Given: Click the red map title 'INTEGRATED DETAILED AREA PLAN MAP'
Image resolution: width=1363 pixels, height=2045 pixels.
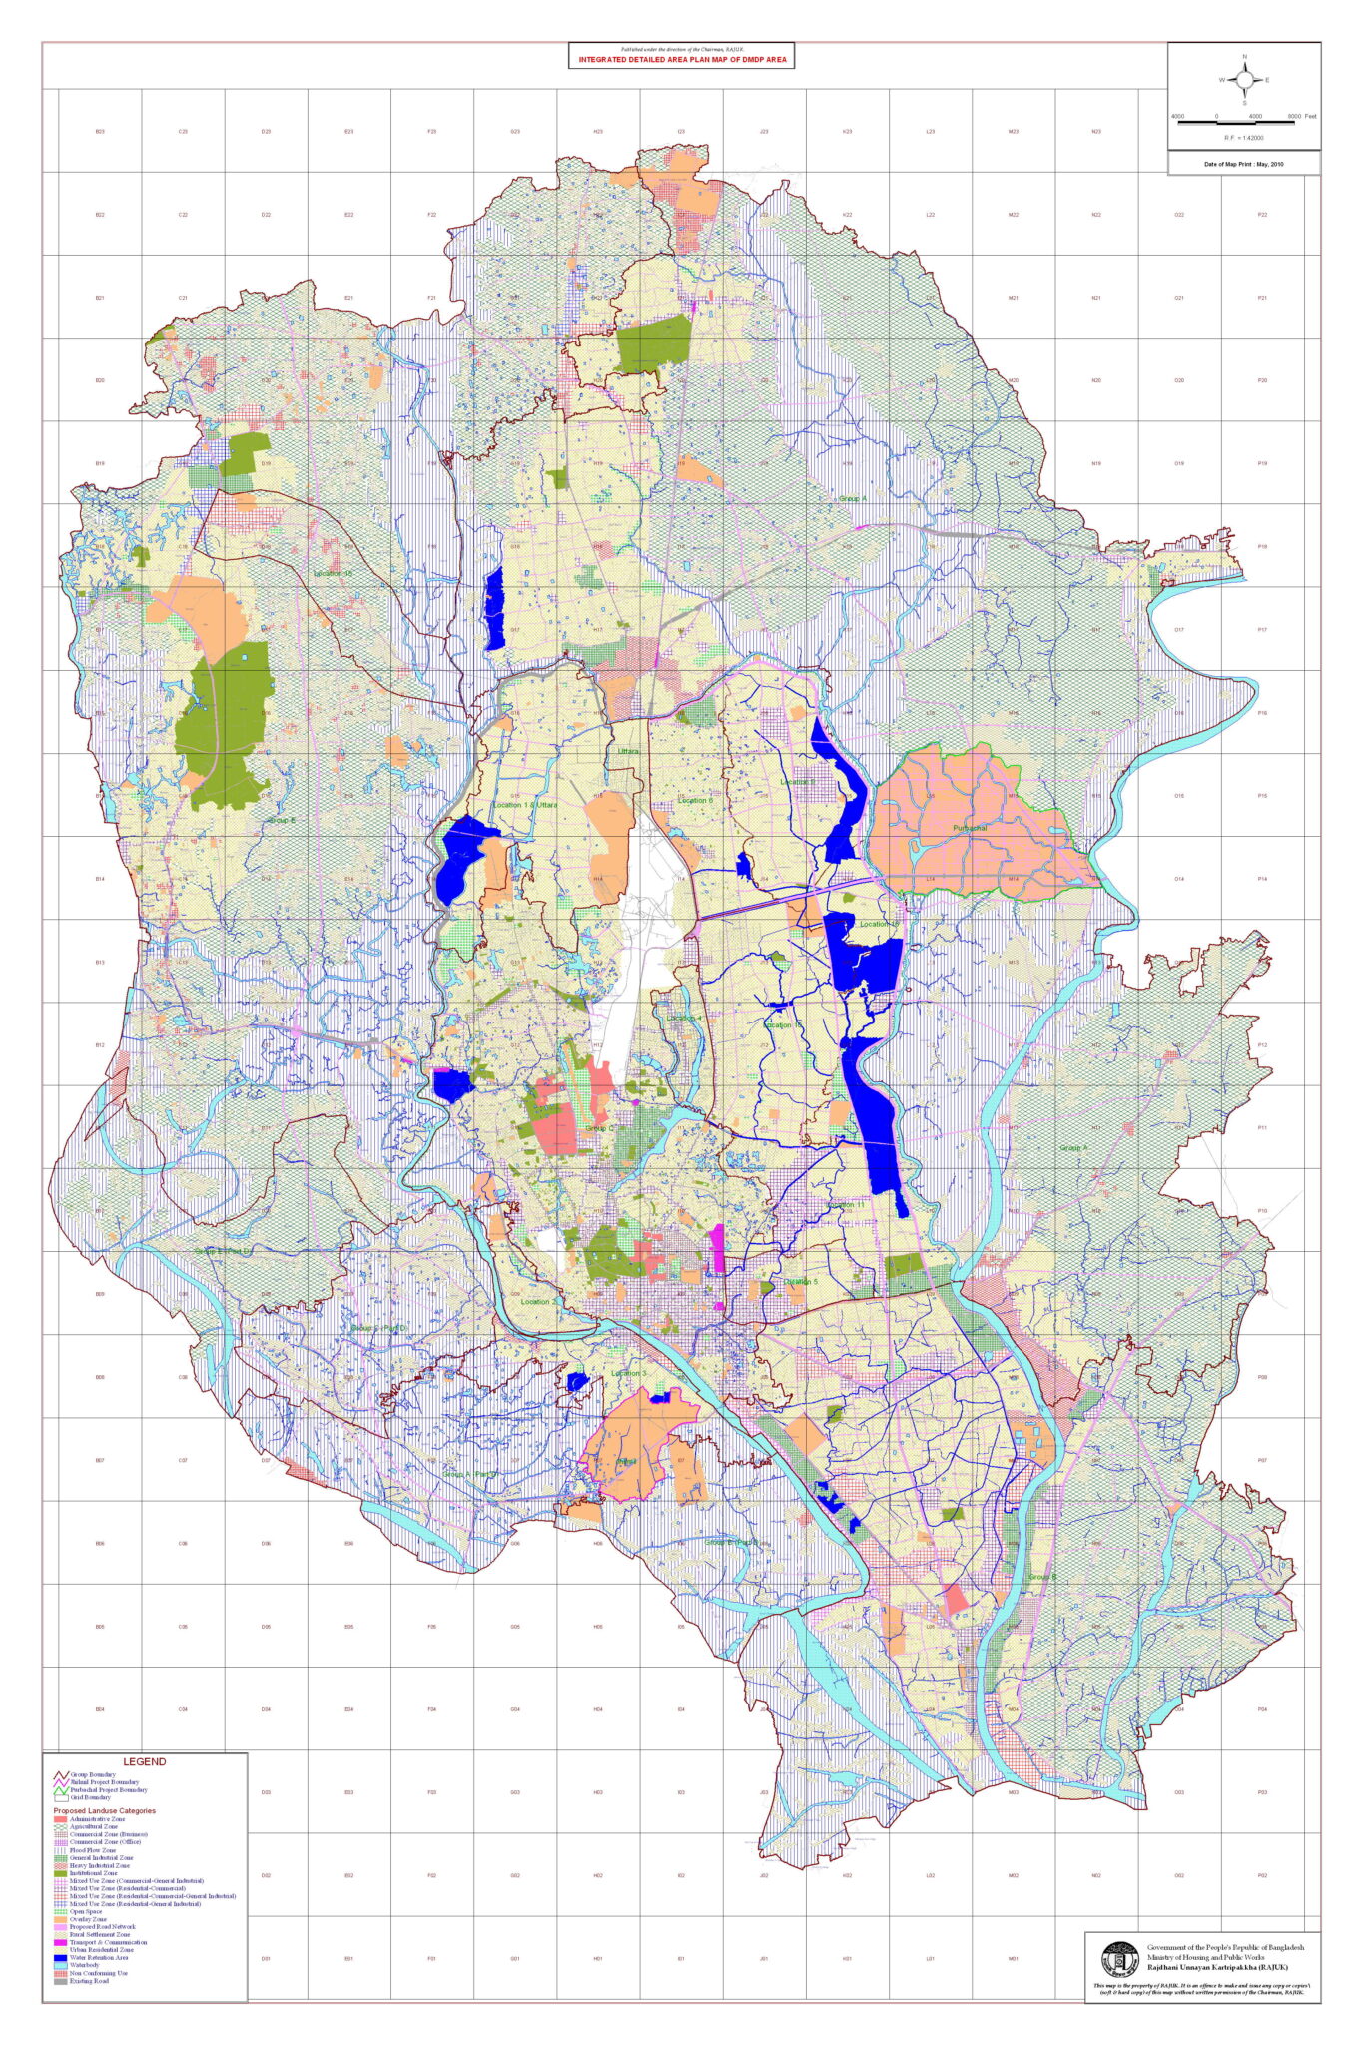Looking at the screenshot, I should [x=682, y=60].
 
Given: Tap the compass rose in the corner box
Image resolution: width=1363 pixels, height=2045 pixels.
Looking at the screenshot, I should [x=1244, y=80].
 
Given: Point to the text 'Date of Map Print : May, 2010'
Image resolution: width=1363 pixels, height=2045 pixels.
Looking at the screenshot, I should [x=1243, y=163].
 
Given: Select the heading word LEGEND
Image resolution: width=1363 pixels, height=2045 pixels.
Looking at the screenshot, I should [x=145, y=1762].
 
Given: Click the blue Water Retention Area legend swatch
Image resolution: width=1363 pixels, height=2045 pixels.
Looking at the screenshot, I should [x=60, y=1958].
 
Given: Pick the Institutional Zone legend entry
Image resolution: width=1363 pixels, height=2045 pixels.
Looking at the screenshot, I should [x=94, y=1873].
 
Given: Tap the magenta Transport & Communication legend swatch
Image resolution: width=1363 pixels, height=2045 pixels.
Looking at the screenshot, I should [x=60, y=1942].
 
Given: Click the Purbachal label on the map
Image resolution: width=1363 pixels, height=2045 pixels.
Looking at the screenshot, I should [x=969, y=828].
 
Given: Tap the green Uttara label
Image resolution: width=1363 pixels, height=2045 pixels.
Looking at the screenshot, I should [x=627, y=751].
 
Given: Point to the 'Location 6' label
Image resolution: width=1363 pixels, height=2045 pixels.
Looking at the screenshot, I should [x=695, y=800].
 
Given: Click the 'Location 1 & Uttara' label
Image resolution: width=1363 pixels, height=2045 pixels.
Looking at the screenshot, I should [x=524, y=805].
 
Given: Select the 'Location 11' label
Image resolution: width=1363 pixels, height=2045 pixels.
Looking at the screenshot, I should [x=845, y=1205].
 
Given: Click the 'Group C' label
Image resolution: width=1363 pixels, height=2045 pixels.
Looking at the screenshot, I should [x=598, y=1128].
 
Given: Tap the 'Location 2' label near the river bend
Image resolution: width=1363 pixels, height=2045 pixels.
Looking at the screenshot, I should [x=538, y=1301].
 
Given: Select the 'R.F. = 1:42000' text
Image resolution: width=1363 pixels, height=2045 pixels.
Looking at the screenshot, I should [x=1244, y=138].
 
